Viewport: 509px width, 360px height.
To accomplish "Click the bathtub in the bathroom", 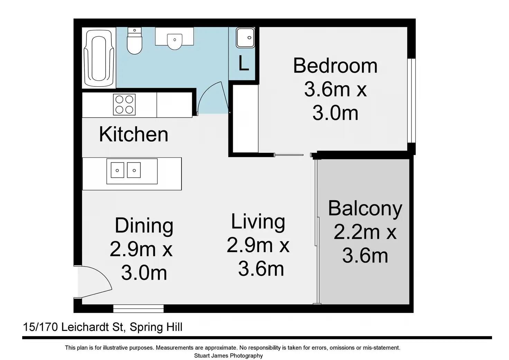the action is coord(99,58).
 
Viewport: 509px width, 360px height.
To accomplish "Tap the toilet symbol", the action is coord(135,41).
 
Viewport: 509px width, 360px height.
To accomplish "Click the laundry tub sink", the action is coord(245,38).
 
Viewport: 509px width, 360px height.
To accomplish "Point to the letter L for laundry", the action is coord(243,63).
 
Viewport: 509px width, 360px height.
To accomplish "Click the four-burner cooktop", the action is coord(124,104).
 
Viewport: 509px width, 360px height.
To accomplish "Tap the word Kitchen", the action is coord(133,134).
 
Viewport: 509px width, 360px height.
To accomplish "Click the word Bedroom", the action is coord(335,66).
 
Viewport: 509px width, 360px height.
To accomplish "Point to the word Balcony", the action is coord(365,209).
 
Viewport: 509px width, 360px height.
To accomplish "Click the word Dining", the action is coord(144,226).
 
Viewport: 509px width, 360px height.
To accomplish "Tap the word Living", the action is coord(258,222).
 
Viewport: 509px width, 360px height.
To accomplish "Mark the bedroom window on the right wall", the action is coord(411,100).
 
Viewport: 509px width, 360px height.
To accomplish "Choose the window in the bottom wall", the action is coord(138,308).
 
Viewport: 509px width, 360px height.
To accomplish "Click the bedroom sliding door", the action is coord(289,155).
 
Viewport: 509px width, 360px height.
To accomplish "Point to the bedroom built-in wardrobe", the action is coord(246,119).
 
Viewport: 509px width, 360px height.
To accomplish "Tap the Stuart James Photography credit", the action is coord(228,356).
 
